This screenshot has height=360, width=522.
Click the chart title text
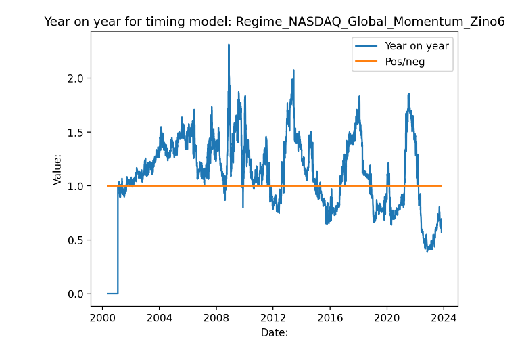pos(274,22)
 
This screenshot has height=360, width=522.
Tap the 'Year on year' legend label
pos(417,46)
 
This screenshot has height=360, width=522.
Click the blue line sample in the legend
pos(365,46)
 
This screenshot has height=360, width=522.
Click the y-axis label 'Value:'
pos(57,170)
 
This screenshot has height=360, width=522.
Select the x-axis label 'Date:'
pos(275,332)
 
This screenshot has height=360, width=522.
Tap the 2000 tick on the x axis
pos(102,317)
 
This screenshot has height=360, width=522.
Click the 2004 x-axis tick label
pos(159,317)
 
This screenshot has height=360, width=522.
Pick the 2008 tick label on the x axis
pos(216,317)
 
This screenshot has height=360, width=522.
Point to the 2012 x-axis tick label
pos(272,317)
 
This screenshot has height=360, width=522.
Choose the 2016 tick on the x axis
pos(329,317)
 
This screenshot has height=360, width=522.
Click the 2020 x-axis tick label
pos(387,317)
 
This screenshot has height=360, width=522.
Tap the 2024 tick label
pos(444,317)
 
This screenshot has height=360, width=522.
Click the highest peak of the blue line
pos(229,45)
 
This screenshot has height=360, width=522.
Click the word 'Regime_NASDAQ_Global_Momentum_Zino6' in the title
pos(370,22)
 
